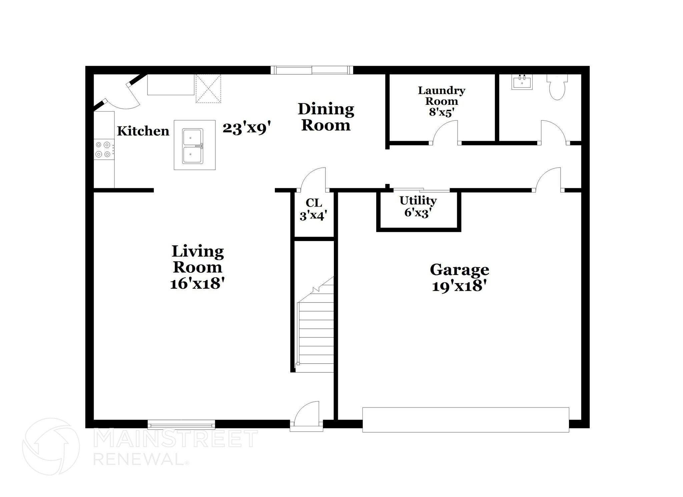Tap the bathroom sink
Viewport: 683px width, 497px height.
point(522,82)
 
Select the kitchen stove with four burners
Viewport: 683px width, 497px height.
point(103,149)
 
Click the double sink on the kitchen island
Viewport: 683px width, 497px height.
point(192,147)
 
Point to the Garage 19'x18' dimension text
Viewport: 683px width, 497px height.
point(459,286)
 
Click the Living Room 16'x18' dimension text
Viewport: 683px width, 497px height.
point(197,284)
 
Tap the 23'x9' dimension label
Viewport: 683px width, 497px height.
point(246,128)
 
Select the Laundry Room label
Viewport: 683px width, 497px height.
point(442,101)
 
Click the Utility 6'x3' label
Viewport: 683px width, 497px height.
point(418,206)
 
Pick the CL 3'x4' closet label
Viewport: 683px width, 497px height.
point(313,209)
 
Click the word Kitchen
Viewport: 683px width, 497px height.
point(143,131)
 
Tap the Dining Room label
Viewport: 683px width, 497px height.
point(326,117)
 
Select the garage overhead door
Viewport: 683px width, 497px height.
point(466,420)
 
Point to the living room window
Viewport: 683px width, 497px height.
point(181,425)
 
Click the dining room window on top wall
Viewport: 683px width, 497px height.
point(311,70)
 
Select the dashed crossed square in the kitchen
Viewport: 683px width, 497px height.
point(208,88)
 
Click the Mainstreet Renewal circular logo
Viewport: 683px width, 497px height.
point(51,446)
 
